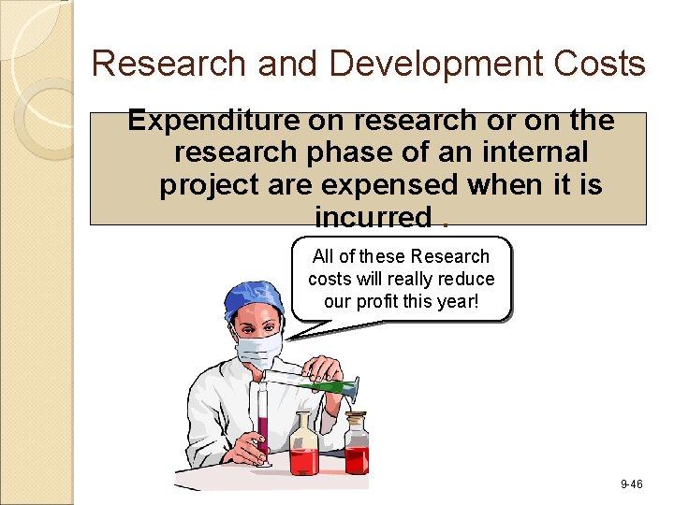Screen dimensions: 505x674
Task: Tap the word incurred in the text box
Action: [372, 217]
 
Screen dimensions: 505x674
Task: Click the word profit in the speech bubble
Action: [410, 301]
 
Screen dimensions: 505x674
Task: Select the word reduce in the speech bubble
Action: [465, 279]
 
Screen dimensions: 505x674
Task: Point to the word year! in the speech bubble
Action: [459, 301]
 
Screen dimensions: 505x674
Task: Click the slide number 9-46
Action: [631, 483]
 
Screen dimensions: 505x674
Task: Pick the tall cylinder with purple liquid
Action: [264, 426]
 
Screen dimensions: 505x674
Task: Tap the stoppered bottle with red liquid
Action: [357, 454]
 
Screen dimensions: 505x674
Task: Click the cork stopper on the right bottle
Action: [356, 418]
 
